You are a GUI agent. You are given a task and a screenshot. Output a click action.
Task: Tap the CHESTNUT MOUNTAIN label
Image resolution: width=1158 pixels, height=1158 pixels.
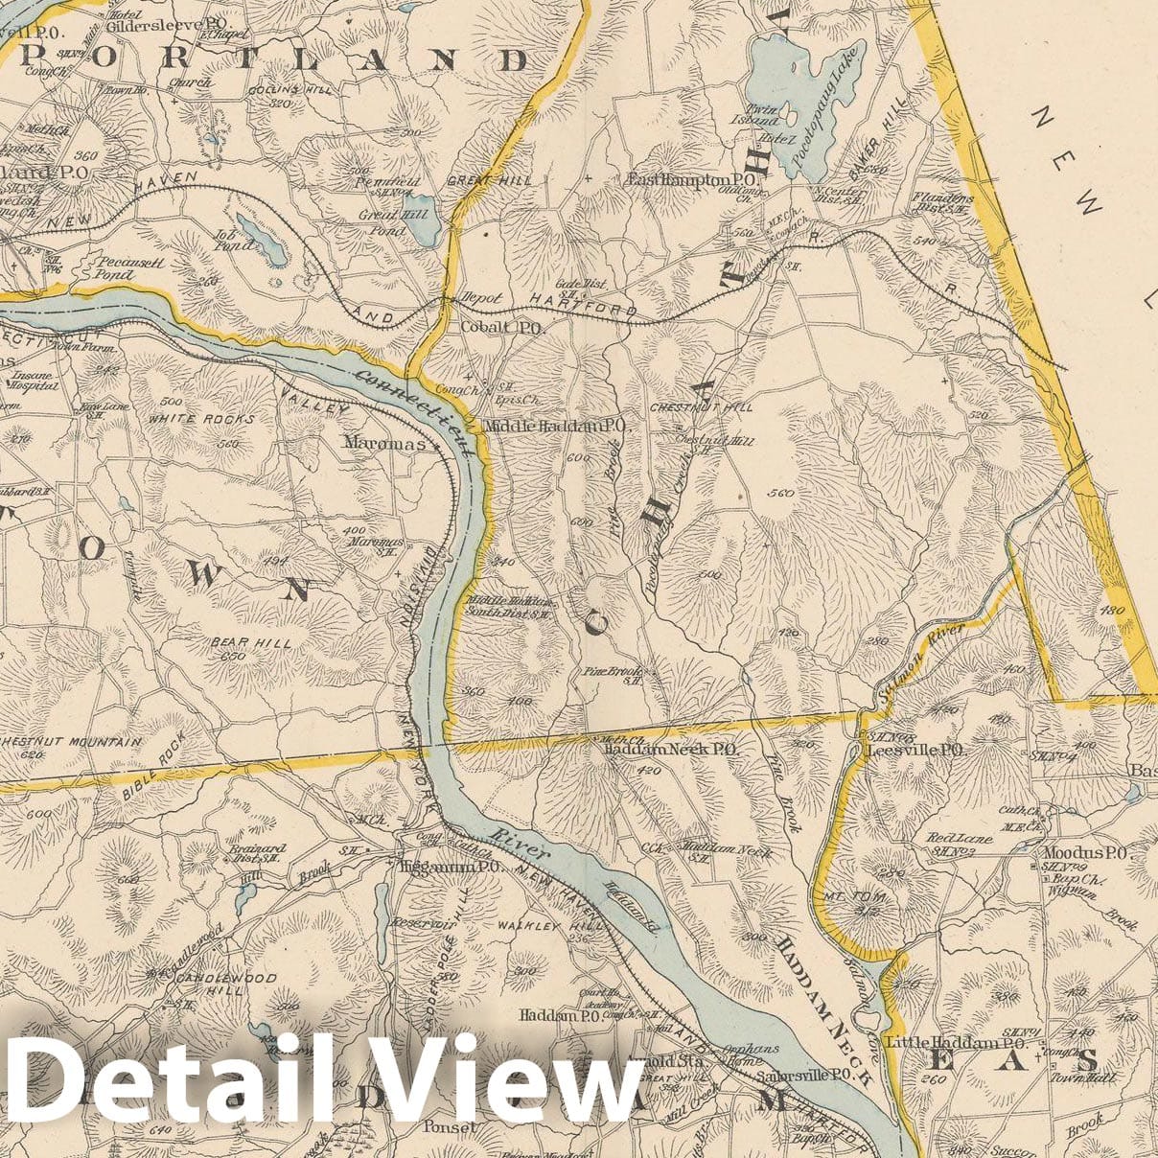coord(71,742)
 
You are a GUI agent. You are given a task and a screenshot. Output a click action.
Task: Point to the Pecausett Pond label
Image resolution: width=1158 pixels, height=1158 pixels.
coord(127,266)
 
